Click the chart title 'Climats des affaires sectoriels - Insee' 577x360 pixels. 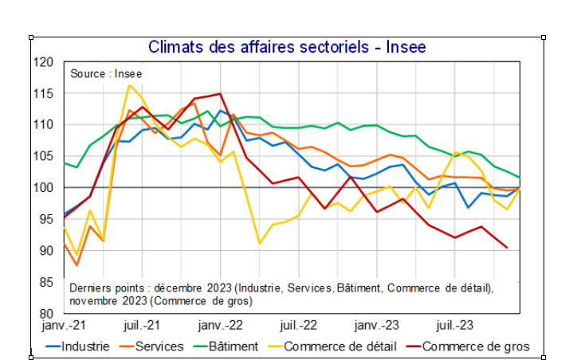pos(287,47)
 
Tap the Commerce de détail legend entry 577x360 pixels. pos(329,346)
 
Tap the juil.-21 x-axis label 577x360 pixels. pos(143,326)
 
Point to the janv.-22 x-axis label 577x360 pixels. pos(220,326)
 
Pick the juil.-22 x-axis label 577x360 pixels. pos(297,326)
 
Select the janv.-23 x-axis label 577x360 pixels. pos(376,326)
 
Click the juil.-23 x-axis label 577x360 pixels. pos(454,326)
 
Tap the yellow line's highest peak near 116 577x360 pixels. pos(130,85)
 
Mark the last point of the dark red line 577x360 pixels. pos(507,247)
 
